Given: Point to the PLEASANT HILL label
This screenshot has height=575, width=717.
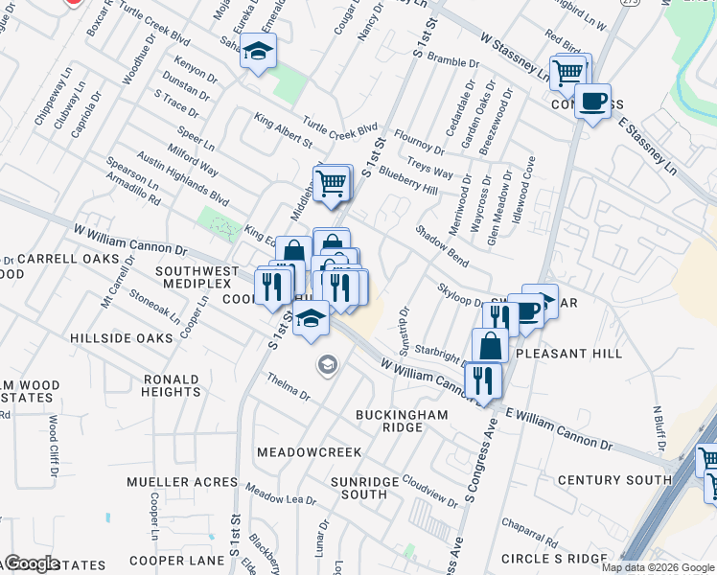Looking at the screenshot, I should tap(568, 354).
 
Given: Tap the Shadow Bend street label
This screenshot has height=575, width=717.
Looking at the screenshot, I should tap(442, 245).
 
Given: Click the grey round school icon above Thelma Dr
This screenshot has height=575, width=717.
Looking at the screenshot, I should tap(327, 365).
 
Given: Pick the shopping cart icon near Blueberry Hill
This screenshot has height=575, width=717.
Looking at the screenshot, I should tap(332, 182).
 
